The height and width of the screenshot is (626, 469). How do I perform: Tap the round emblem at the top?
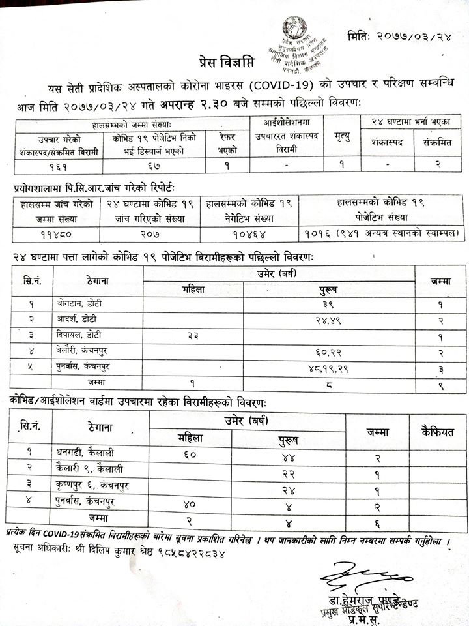click(x=294, y=29)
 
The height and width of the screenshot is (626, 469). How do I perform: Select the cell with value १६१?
click(x=57, y=166)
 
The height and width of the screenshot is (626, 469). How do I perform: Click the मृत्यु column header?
click(x=341, y=136)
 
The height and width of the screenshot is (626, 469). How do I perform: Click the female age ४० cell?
click(x=190, y=503)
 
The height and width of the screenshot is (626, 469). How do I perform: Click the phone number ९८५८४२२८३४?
click(x=177, y=554)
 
